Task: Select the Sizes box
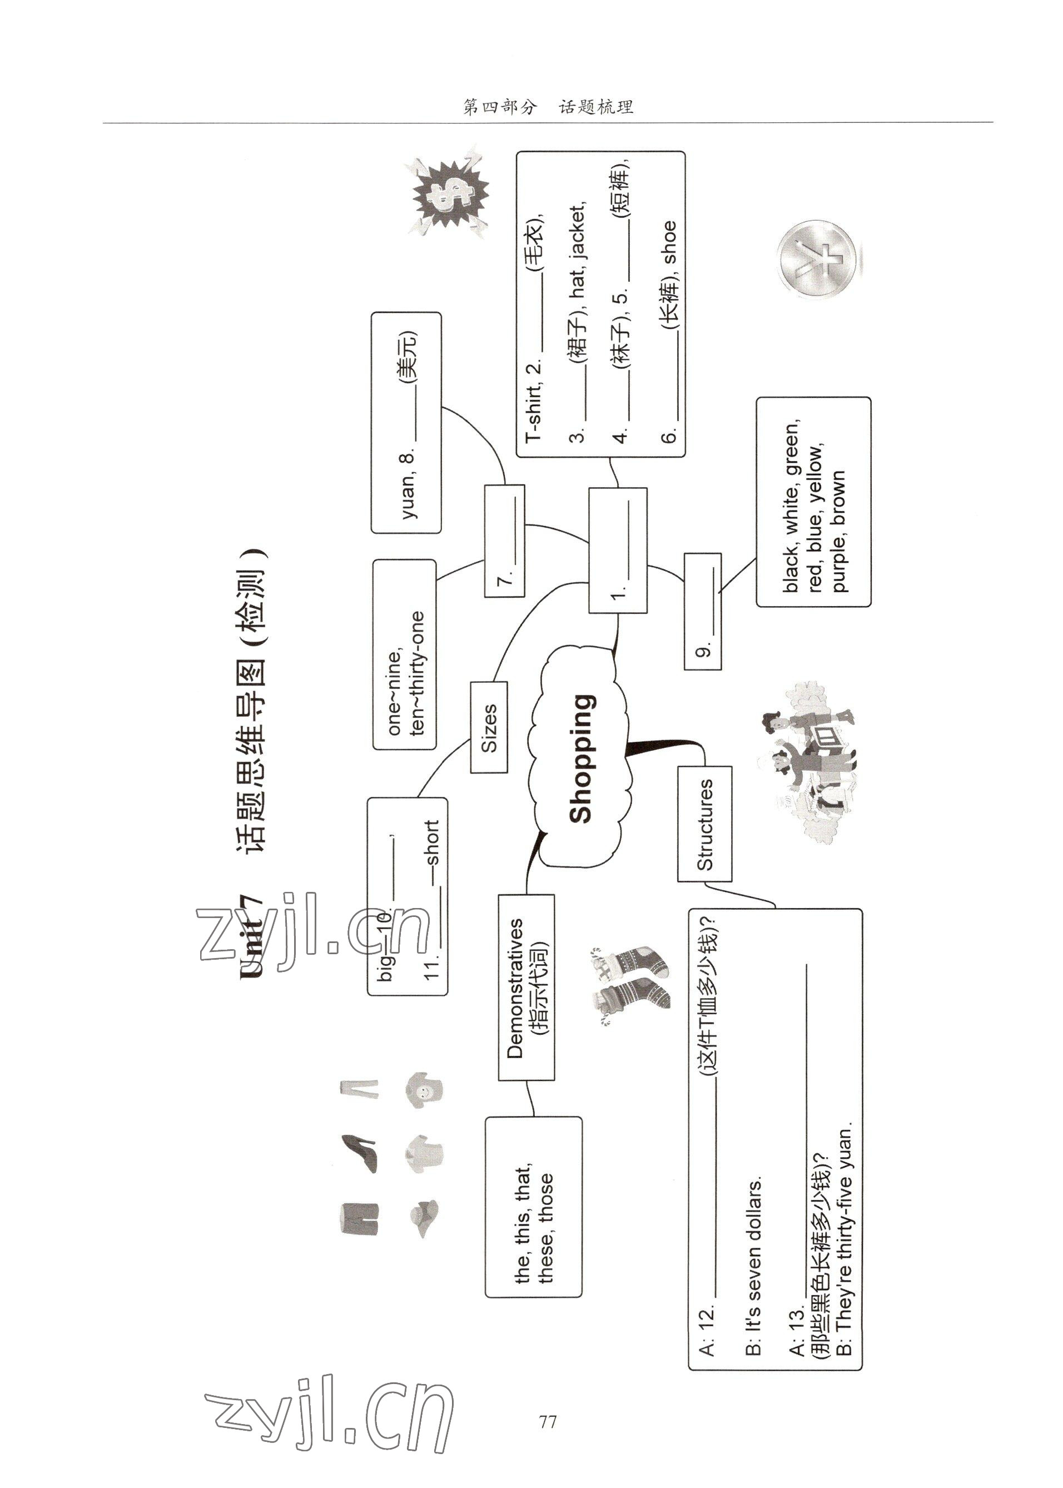click(x=489, y=727)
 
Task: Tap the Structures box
click(x=704, y=824)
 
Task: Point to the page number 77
click(x=547, y=1422)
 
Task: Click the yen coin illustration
click(x=819, y=259)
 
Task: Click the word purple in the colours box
click(x=838, y=565)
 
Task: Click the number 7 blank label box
click(x=505, y=540)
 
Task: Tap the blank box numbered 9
click(x=703, y=611)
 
